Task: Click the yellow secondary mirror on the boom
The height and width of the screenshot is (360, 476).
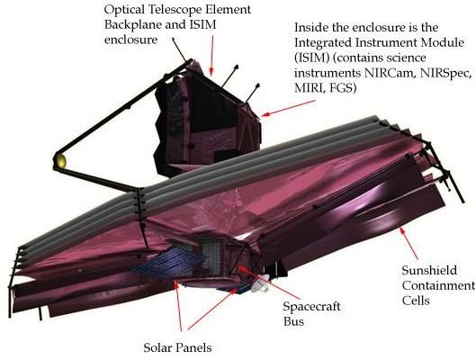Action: click(x=60, y=161)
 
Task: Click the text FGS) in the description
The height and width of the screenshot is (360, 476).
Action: click(x=341, y=88)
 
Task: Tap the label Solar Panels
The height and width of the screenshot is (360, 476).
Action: click(x=177, y=347)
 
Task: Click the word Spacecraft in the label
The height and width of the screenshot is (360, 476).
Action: click(x=311, y=307)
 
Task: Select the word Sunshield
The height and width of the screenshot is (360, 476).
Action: click(x=429, y=270)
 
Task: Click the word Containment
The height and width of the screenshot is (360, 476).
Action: click(x=438, y=285)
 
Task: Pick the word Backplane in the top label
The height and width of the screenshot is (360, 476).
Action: click(x=132, y=25)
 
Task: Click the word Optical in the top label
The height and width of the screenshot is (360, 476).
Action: click(x=124, y=10)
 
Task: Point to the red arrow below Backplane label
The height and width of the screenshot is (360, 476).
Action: click(x=211, y=55)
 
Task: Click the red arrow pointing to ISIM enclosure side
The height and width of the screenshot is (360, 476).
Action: click(x=289, y=108)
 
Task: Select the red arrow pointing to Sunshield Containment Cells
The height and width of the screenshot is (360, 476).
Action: click(x=409, y=243)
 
